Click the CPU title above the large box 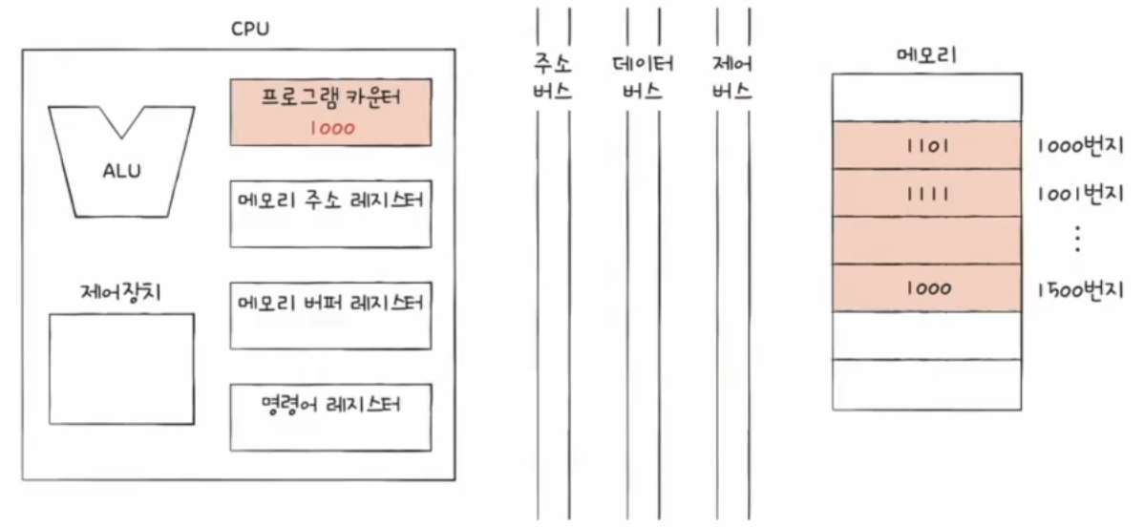pyautogui.click(x=250, y=29)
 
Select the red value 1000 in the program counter pyautogui.click(x=331, y=128)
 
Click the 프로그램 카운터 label pyautogui.click(x=331, y=98)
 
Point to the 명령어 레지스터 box pyautogui.click(x=331, y=416)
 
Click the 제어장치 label pyautogui.click(x=120, y=291)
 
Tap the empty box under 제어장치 pyautogui.click(x=121, y=369)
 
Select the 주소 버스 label pyautogui.click(x=553, y=79)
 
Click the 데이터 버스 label pyautogui.click(x=643, y=79)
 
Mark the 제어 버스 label pyautogui.click(x=731, y=79)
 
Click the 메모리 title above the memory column pyautogui.click(x=925, y=55)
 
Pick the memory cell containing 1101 pyautogui.click(x=926, y=145)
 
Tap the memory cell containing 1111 pyautogui.click(x=926, y=193)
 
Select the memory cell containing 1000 pyautogui.click(x=926, y=287)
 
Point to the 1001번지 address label pyautogui.click(x=1079, y=194)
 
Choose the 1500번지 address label pyautogui.click(x=1079, y=288)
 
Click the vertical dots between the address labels pyautogui.click(x=1077, y=240)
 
